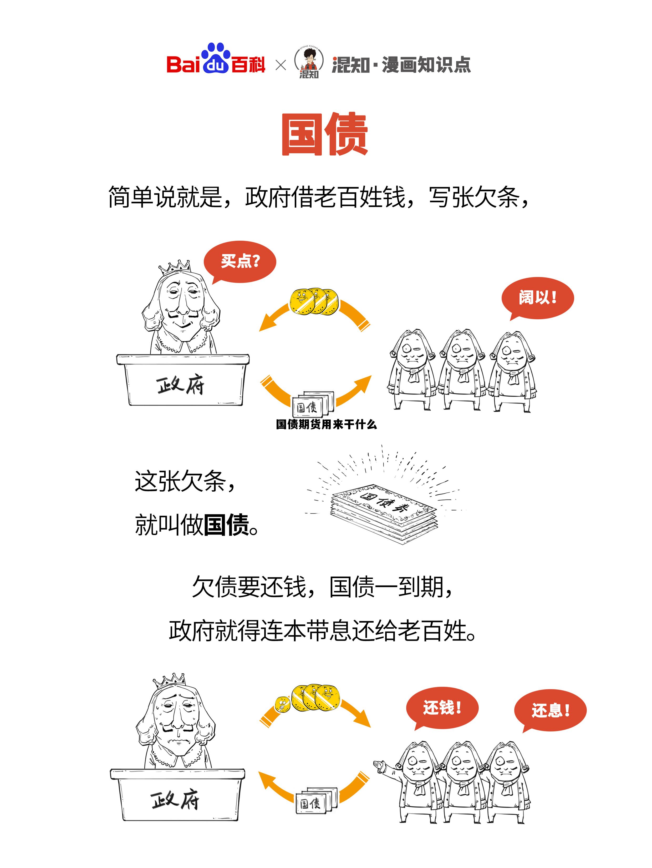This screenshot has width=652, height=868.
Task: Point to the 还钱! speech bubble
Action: pyautogui.click(x=442, y=708)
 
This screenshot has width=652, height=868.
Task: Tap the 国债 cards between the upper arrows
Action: pyautogui.click(x=312, y=405)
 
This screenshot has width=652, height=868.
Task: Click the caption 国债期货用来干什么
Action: pyautogui.click(x=326, y=424)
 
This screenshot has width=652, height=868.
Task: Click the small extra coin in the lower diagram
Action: pyautogui.click(x=282, y=704)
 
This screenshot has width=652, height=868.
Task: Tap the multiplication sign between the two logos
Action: pyautogui.click(x=281, y=65)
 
